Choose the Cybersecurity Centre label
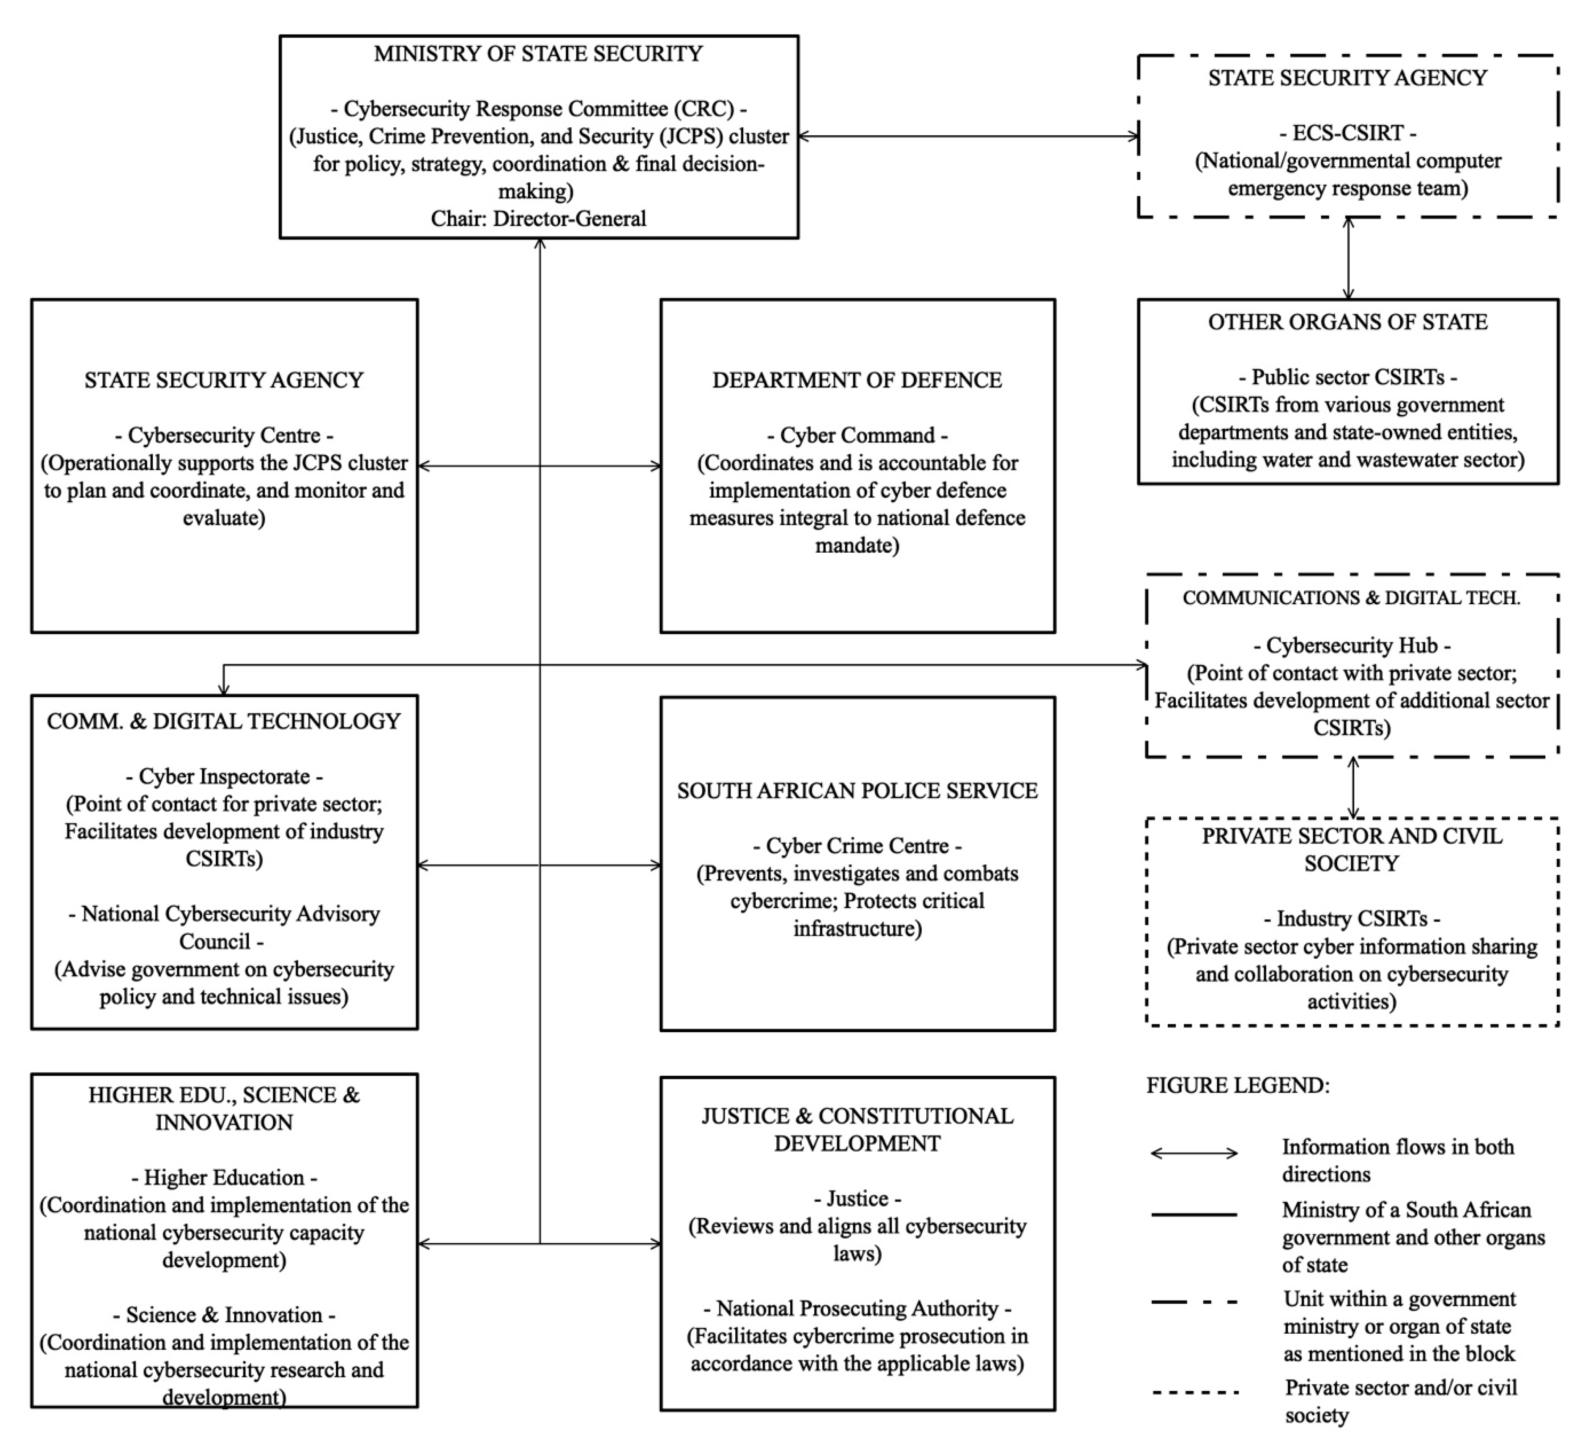pyautogui.click(x=224, y=435)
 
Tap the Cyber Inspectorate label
pyautogui.click(x=224, y=776)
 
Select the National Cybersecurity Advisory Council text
pyautogui.click(x=224, y=927)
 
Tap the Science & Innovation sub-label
pyautogui.click(x=224, y=1315)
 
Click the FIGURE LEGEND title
pyautogui.click(x=1238, y=1086)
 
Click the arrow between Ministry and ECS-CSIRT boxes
pyautogui.click(x=968, y=136)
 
